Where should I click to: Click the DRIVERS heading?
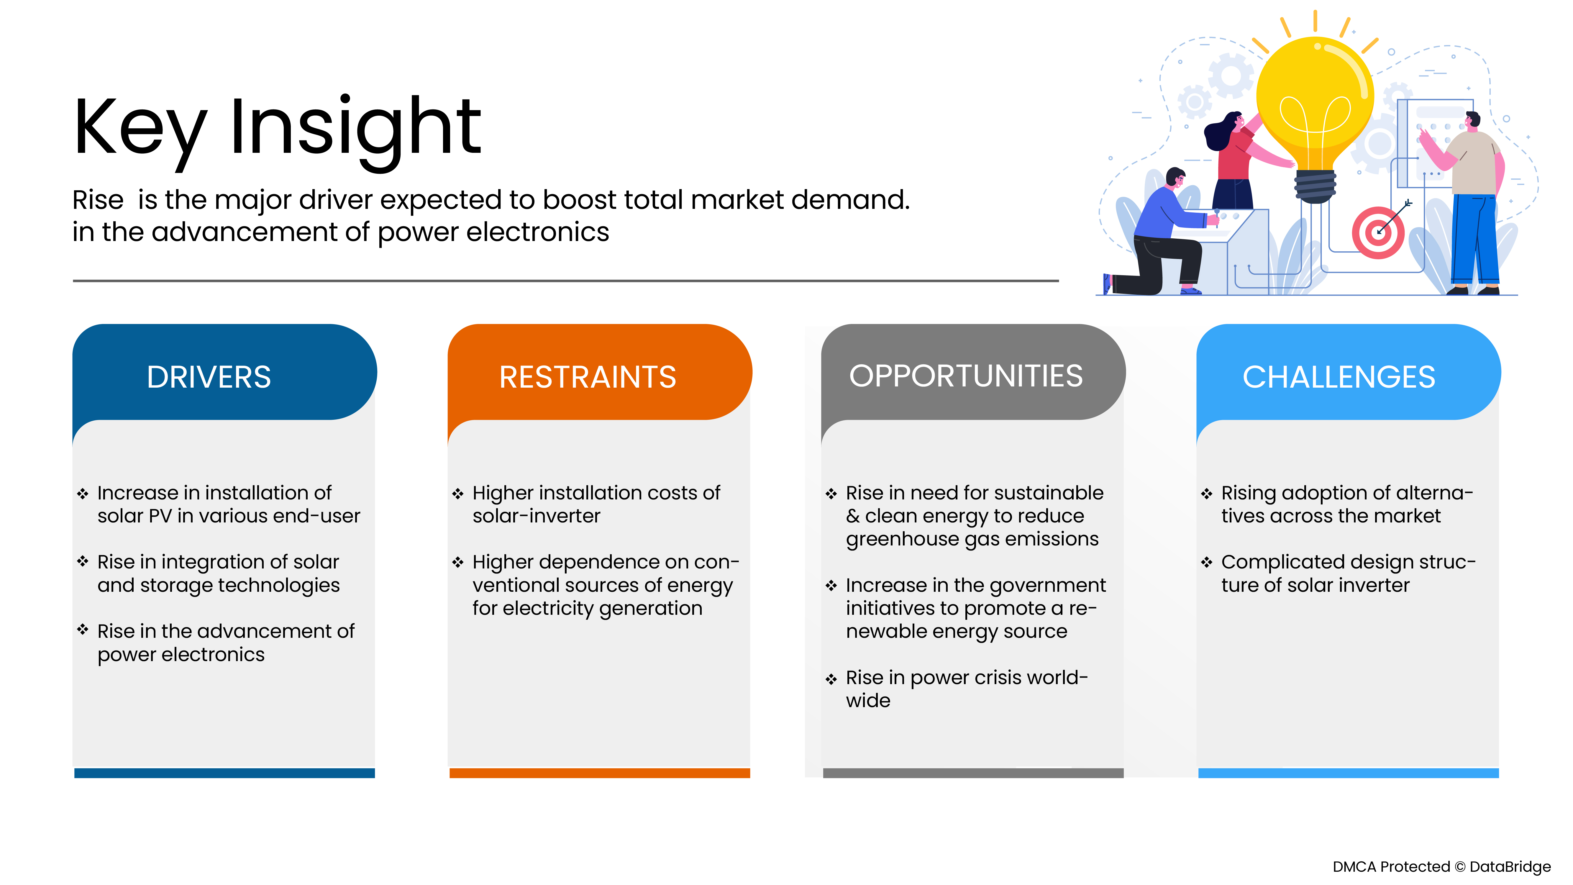pyautogui.click(x=209, y=377)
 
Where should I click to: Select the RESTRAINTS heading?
pyautogui.click(x=588, y=377)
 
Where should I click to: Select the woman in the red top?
pyautogui.click(x=1234, y=159)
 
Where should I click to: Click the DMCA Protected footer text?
pyautogui.click(x=1441, y=867)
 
